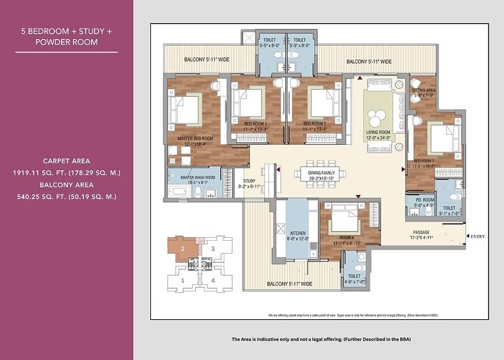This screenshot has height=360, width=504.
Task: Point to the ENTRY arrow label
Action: [x=477, y=237]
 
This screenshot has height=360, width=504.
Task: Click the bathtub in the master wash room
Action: [x=178, y=191]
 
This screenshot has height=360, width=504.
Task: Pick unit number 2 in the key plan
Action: [x=183, y=249]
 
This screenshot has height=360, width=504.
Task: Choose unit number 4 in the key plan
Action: [x=213, y=280]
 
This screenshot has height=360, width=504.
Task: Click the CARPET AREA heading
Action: [x=66, y=161]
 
